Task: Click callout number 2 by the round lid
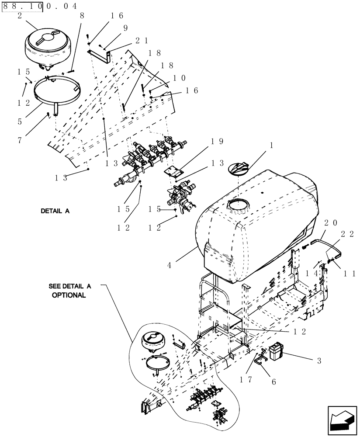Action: (20, 15)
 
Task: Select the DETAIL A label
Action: (55, 211)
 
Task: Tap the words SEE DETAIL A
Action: (69, 287)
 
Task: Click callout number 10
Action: (179, 78)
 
